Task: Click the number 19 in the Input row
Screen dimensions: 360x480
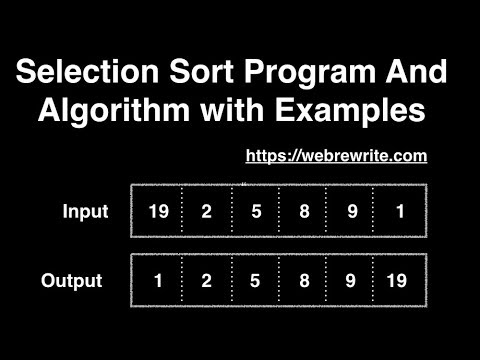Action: (158, 212)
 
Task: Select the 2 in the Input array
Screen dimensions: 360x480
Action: (206, 212)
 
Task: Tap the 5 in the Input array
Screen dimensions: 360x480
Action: (255, 212)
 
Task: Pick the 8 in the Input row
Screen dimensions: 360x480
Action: (303, 212)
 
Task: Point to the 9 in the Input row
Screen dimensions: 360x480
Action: (352, 212)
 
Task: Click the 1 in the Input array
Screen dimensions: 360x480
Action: (400, 212)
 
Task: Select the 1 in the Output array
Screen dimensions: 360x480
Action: (158, 281)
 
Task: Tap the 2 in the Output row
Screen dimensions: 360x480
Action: (206, 281)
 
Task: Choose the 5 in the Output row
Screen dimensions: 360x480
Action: (255, 281)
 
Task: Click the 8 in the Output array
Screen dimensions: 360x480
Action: (303, 281)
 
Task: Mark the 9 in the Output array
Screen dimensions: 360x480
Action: (352, 281)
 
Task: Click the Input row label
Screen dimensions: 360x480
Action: (85, 212)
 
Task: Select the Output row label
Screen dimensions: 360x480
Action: (72, 281)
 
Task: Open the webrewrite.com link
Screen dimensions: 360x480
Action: (336, 156)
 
